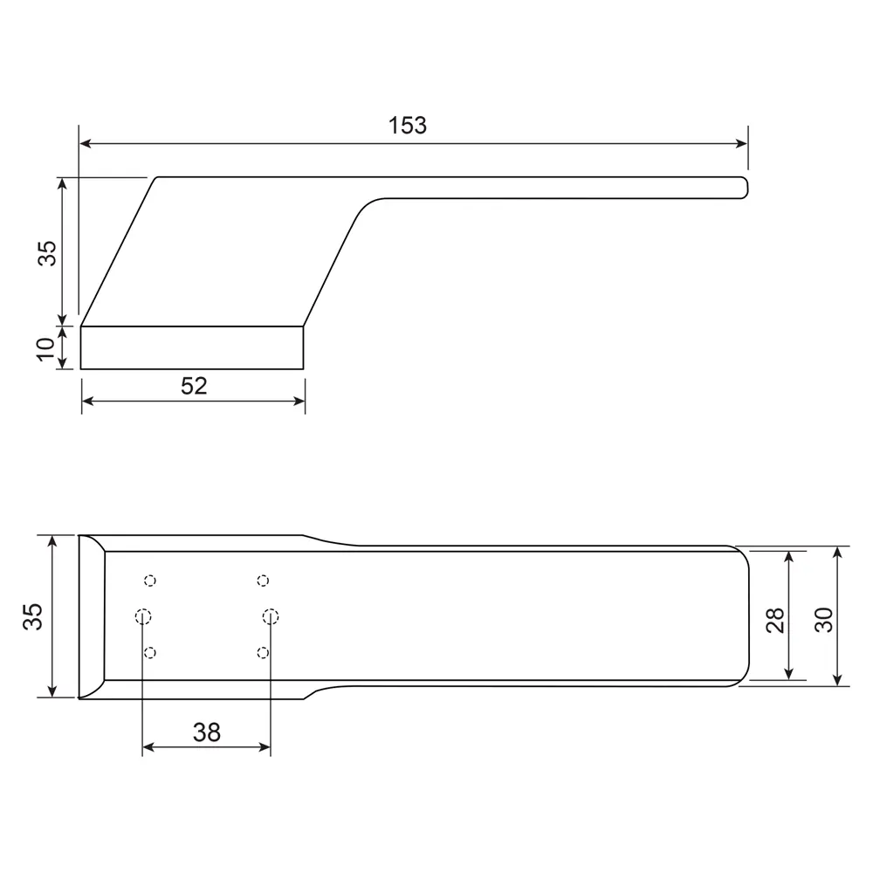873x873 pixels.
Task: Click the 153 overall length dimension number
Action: [408, 126]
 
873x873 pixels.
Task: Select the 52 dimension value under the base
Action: [194, 386]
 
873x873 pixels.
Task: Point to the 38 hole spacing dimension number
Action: [206, 732]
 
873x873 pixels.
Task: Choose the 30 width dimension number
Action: [824, 619]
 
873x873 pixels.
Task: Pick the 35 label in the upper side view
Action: [47, 252]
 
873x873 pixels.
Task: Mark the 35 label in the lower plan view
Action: [32, 616]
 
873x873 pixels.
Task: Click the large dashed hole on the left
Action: [144, 616]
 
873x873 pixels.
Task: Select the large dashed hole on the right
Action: [271, 617]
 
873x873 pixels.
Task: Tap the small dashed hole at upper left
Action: [150, 581]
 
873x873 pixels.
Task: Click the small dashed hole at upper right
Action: [263, 581]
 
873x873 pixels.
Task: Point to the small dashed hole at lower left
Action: [150, 652]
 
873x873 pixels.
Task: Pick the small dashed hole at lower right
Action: [263, 652]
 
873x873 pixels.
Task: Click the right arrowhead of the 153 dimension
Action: [742, 144]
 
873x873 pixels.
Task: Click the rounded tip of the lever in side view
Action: [746, 188]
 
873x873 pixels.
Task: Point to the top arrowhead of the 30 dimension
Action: [838, 553]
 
